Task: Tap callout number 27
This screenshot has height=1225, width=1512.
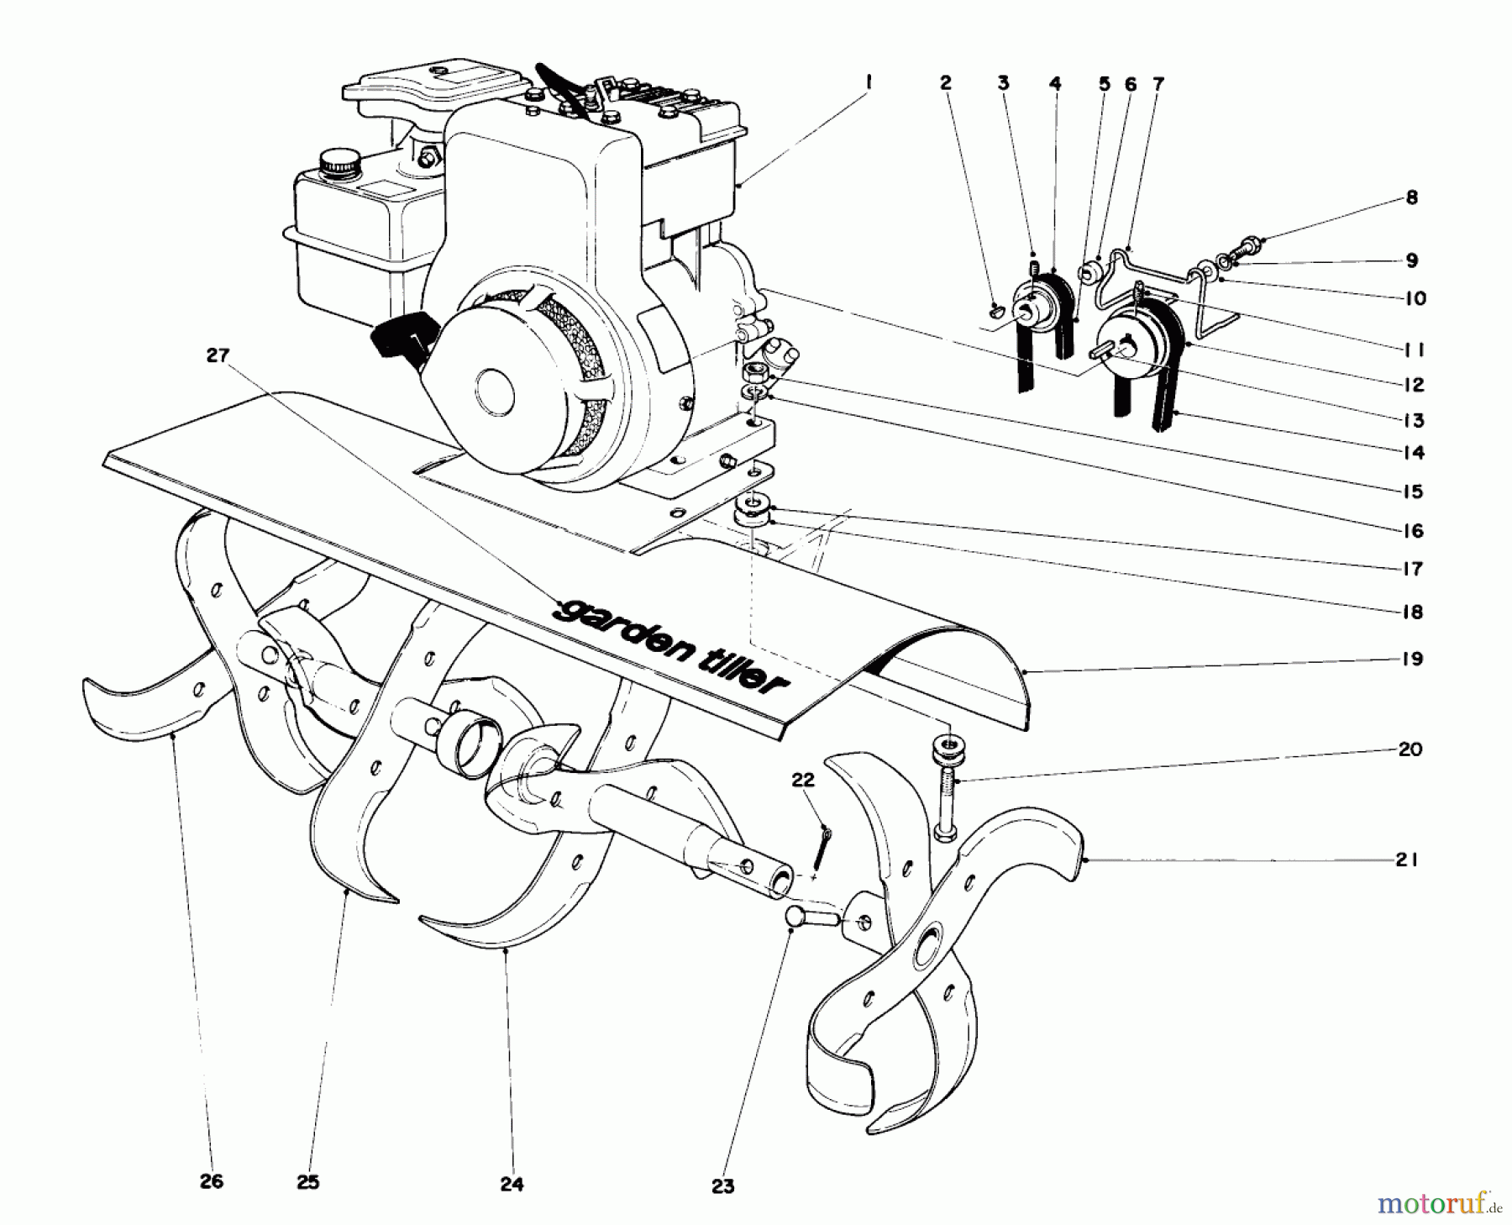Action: click(218, 355)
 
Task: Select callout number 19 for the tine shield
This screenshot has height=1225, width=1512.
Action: click(1413, 658)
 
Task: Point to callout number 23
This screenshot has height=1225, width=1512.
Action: click(722, 1186)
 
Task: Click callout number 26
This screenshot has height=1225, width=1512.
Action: click(212, 1181)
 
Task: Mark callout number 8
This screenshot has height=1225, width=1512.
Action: click(1411, 197)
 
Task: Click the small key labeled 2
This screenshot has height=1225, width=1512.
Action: click(997, 309)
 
